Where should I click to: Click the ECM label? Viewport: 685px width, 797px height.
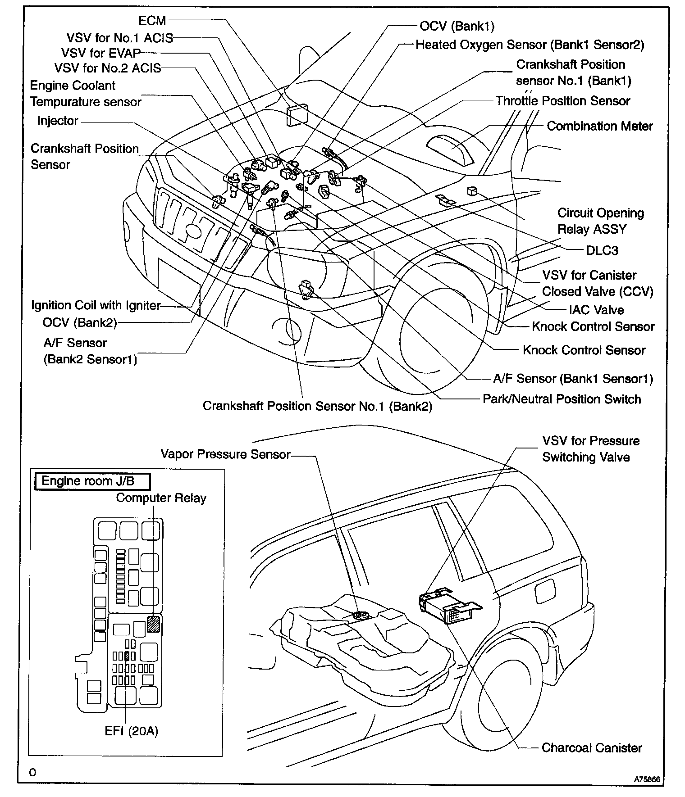coord(152,21)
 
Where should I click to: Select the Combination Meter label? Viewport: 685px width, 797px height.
coord(599,126)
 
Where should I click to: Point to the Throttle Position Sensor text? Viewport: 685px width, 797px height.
coord(562,101)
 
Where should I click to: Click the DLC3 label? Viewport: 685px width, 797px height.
coord(602,250)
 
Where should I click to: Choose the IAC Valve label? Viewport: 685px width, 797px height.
coord(596,310)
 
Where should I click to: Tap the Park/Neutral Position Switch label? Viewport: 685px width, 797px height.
coord(562,399)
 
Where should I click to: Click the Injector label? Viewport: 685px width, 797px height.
coord(58,121)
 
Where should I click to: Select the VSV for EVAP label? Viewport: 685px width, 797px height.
coord(101,53)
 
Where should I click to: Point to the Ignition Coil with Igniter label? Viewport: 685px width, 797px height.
coord(96,305)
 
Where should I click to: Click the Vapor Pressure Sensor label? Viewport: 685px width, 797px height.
coord(225,454)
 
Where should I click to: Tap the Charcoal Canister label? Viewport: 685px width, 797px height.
coord(591,748)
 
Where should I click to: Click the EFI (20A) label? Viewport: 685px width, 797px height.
coord(132,731)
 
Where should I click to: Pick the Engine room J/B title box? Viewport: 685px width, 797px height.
coord(92,481)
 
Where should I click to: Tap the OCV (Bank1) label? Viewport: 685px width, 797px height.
coord(457,26)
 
